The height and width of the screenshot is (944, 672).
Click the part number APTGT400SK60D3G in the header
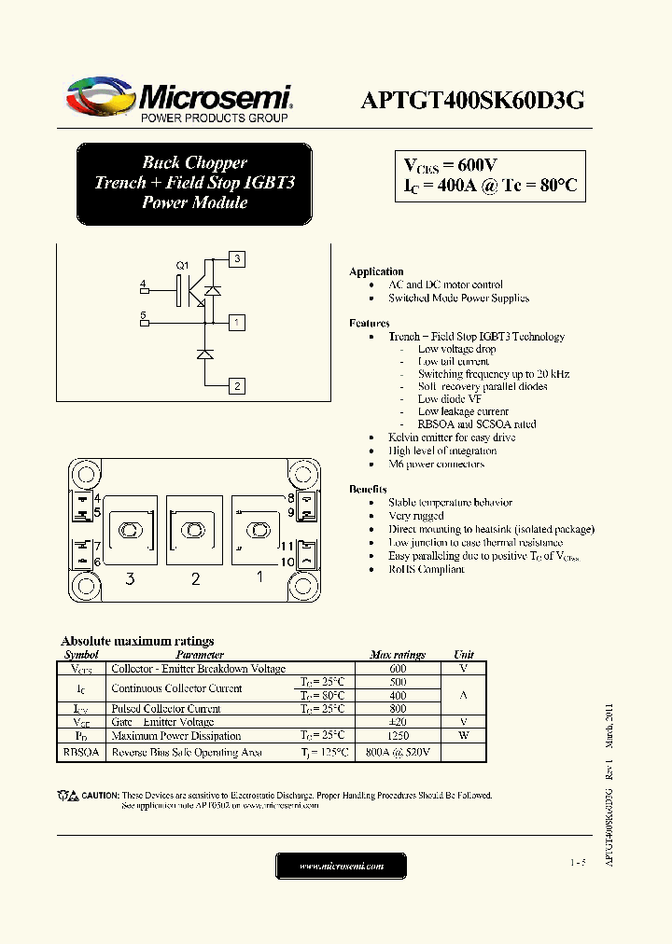click(472, 102)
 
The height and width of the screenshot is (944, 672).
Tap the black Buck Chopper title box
click(194, 183)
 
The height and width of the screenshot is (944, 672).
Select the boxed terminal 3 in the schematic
click(238, 258)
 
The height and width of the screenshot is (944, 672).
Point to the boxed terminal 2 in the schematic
click(238, 385)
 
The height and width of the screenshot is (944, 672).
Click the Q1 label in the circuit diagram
click(183, 265)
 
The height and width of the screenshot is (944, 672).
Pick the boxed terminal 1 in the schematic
click(238, 323)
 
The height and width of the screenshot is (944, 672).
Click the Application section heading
click(376, 271)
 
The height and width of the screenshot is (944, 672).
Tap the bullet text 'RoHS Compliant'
click(426, 569)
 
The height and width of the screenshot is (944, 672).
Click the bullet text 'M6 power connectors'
click(436, 464)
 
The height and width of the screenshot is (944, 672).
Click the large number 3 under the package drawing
click(130, 579)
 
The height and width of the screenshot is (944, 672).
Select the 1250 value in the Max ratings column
click(398, 735)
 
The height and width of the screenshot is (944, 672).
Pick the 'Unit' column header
click(464, 655)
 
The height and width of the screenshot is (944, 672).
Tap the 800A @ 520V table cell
click(398, 752)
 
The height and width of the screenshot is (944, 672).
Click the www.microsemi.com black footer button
click(342, 866)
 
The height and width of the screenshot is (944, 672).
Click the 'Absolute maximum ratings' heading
click(137, 641)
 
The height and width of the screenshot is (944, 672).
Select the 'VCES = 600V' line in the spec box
click(450, 165)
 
